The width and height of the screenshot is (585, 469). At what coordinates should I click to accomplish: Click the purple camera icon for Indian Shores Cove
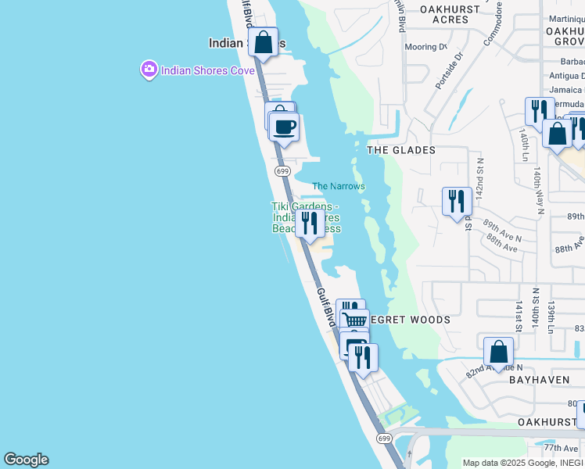149,70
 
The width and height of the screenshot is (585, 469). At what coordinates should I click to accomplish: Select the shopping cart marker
355,320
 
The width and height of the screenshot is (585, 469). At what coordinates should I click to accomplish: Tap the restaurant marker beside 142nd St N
457,201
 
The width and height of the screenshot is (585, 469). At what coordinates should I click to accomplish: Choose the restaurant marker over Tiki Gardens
310,223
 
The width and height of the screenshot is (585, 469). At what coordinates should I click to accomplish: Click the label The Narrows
339,186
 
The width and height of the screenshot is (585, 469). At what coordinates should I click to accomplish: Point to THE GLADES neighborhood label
401,150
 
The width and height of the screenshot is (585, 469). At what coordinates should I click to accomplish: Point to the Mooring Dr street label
426,47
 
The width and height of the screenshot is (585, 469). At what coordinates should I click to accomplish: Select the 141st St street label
518,316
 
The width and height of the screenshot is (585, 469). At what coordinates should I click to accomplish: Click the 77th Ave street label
561,449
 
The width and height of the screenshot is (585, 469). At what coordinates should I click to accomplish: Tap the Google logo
26,460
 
